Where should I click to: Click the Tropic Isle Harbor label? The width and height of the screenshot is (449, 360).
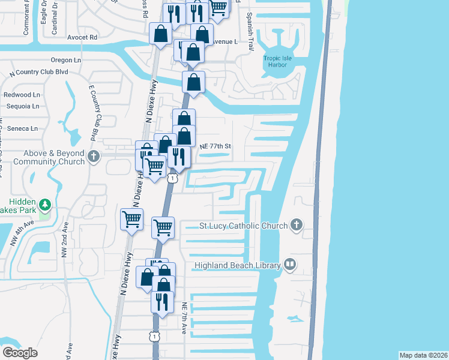276,62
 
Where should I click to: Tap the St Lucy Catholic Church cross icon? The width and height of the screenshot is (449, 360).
295,226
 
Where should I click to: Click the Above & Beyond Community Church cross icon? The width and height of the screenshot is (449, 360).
93,157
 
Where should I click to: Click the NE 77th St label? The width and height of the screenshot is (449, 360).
215,146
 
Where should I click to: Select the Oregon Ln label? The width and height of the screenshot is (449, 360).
66,61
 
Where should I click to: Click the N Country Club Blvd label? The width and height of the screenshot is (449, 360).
39,72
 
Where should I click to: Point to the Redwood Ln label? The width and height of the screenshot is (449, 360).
22,95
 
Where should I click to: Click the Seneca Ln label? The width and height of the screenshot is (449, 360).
22,128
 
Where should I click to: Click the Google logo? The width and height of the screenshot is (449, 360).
20,352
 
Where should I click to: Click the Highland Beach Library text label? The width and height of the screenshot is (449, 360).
238,265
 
